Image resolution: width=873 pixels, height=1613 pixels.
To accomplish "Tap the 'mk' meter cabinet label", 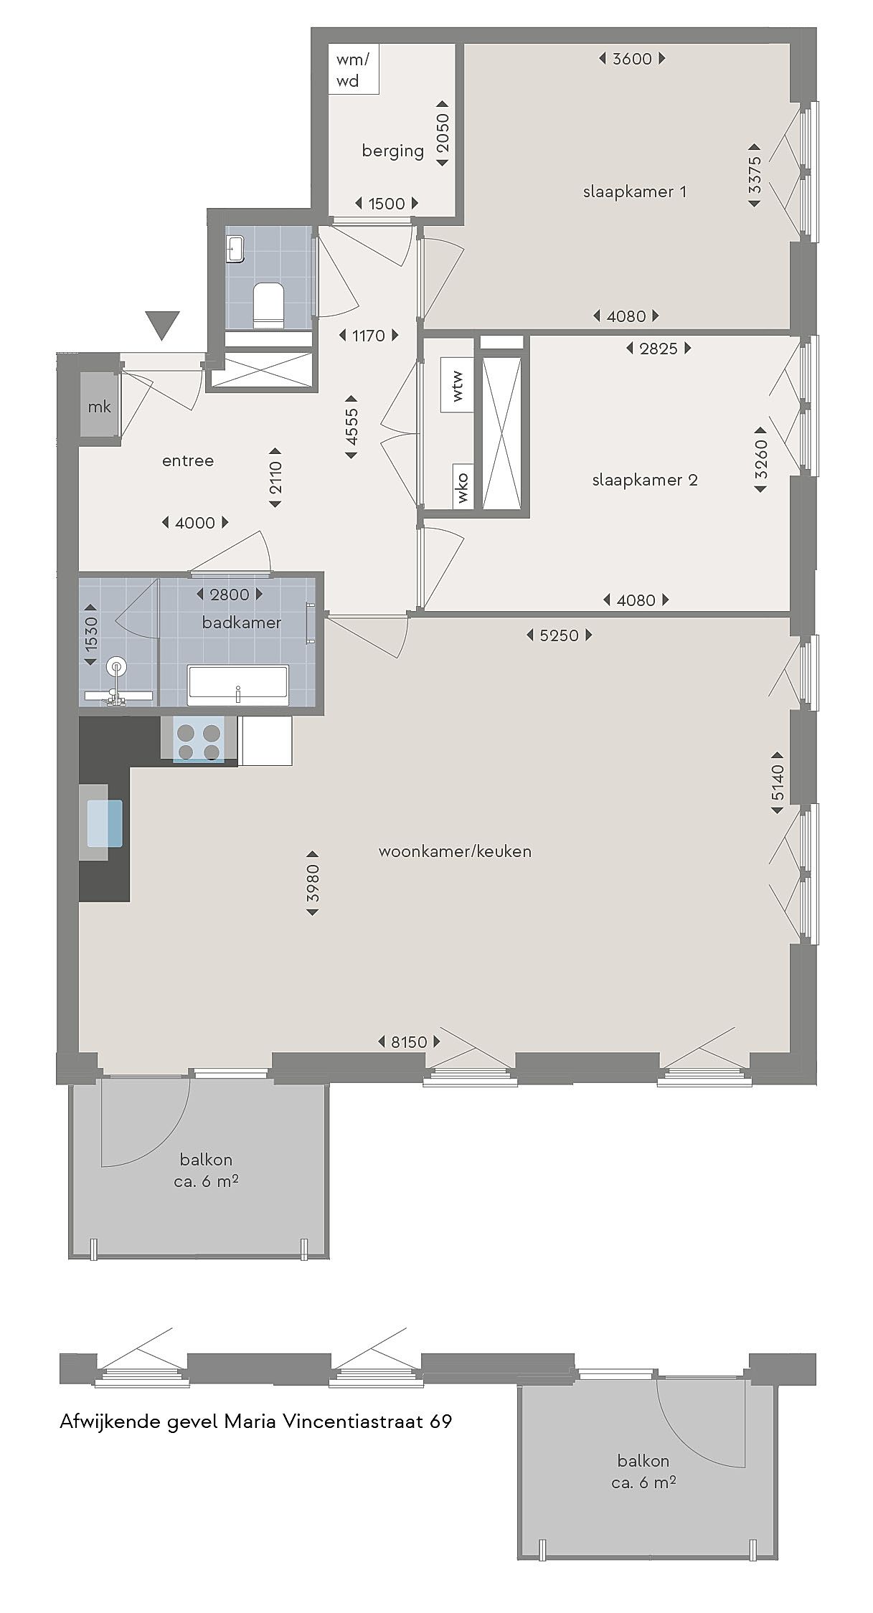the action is [x=100, y=407].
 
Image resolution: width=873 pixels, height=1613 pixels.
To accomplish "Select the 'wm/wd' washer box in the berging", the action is [x=354, y=68].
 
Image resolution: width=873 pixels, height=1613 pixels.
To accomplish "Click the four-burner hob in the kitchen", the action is [x=199, y=742].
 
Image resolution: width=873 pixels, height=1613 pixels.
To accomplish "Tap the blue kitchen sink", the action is [x=105, y=823].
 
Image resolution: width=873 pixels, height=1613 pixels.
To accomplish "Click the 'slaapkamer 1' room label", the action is [x=635, y=191].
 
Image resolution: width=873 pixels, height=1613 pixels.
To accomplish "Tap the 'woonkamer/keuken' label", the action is [x=455, y=851].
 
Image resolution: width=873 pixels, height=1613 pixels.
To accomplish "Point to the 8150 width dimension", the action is [x=409, y=1042].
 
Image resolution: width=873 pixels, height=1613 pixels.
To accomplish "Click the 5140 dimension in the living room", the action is [x=778, y=782].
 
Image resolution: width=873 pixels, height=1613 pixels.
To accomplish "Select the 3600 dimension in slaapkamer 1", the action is [x=632, y=59].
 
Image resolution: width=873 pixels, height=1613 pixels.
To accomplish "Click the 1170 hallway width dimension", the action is [x=369, y=335].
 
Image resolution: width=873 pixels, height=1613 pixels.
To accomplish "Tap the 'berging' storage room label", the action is [x=393, y=151].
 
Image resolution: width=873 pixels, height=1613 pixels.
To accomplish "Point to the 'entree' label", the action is [x=188, y=460].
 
